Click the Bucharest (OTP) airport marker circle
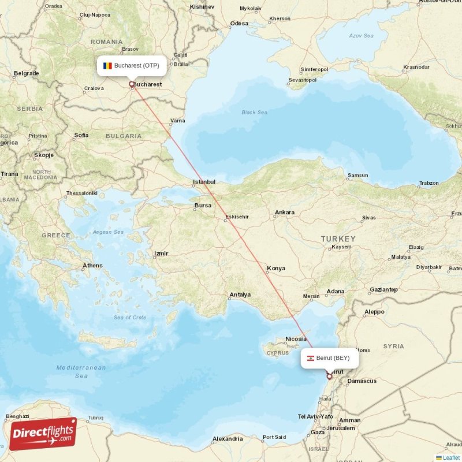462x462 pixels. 132,84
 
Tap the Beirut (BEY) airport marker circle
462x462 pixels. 329,377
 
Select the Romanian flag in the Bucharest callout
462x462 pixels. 107,65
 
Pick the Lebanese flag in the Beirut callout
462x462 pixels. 310,358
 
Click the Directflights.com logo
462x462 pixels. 43,434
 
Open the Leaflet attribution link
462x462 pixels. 451,457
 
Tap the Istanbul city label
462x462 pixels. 204,182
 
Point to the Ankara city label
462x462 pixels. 284,213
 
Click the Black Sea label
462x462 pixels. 254,113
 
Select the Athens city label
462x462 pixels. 92,266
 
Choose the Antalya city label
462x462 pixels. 240,295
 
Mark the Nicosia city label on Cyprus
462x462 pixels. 295,339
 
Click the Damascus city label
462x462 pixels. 362,381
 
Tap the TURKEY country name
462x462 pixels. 338,239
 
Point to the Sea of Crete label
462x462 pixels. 130,318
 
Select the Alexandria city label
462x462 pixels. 227,439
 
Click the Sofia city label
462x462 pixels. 81,135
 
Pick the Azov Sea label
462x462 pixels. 361,36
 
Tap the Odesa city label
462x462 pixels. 239,24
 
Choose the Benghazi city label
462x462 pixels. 17,416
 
